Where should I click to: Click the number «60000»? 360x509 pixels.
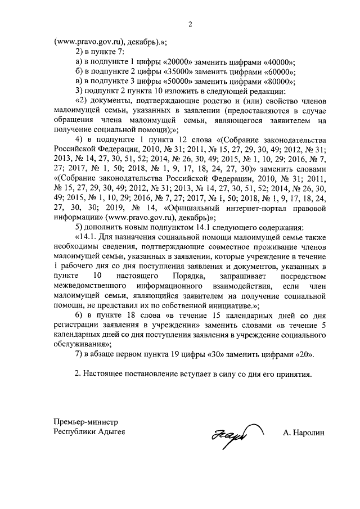[280, 72]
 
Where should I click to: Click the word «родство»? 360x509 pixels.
[206, 101]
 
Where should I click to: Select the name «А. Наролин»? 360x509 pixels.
[304, 433]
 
